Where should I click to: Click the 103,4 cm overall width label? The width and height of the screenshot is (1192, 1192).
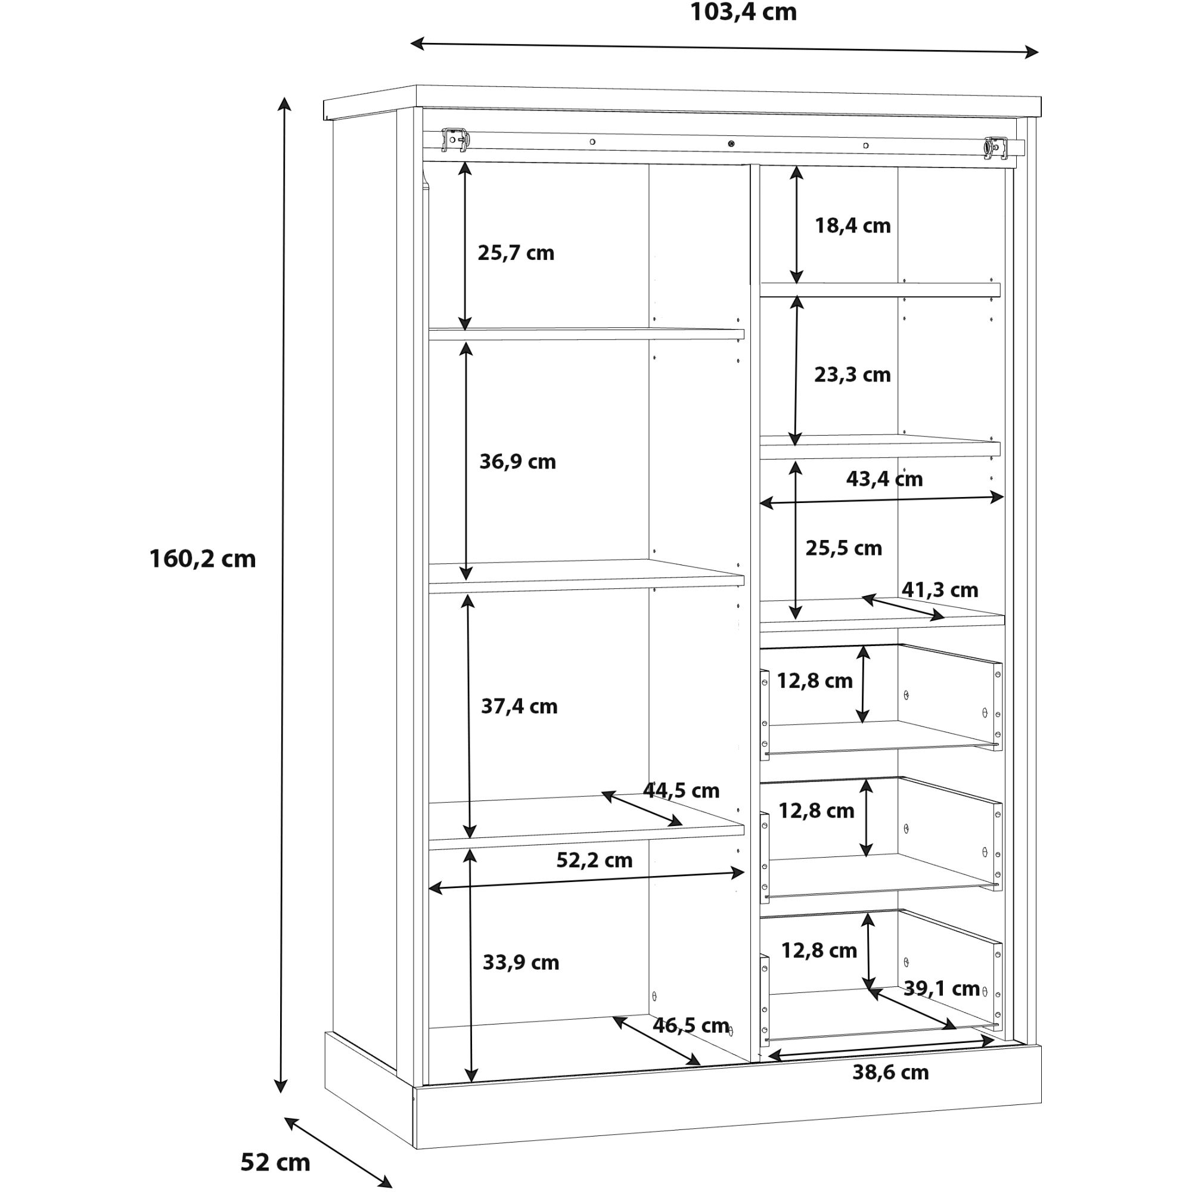click(x=743, y=13)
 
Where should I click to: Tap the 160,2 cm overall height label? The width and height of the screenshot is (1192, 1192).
click(x=203, y=559)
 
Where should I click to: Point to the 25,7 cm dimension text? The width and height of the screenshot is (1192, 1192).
click(x=516, y=253)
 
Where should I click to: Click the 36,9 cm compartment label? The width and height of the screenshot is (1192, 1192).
click(x=518, y=461)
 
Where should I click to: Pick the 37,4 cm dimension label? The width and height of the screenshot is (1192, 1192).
click(x=519, y=706)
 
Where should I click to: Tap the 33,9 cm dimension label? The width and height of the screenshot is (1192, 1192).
click(x=521, y=963)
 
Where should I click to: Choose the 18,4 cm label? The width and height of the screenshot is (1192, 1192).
click(x=853, y=226)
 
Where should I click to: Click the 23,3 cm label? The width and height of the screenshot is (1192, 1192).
click(x=852, y=374)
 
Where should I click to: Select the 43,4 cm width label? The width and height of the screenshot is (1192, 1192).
click(x=884, y=479)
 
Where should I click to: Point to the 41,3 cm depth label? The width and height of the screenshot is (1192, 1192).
click(x=940, y=590)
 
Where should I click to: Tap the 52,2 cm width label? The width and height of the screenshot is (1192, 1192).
click(x=594, y=860)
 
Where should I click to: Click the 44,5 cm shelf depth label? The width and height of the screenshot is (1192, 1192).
click(x=681, y=790)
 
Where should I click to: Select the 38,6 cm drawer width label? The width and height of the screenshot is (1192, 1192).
click(x=890, y=1072)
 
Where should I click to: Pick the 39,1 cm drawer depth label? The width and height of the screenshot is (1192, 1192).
click(x=942, y=988)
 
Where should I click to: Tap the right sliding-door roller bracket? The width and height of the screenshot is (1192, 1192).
click(x=995, y=148)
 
